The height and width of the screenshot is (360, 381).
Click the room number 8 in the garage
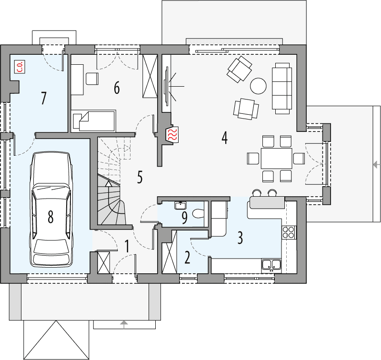[x=50, y=217]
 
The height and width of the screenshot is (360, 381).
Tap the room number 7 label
[x=43, y=98]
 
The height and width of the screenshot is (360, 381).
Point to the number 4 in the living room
[x=224, y=138]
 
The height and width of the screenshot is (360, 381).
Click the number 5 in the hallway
[x=140, y=177]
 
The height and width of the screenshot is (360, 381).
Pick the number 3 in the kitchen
[x=241, y=237]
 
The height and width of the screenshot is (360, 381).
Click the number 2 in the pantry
[x=187, y=258]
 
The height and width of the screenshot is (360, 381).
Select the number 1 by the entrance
[x=127, y=246]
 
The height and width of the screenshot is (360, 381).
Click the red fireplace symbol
[x=172, y=135]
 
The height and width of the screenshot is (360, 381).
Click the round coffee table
[x=259, y=86]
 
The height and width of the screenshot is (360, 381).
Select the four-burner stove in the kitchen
[x=289, y=232]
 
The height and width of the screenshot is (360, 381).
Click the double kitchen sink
[x=271, y=264]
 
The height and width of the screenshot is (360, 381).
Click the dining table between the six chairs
[x=276, y=158]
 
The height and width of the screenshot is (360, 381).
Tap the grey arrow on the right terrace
[x=376, y=165]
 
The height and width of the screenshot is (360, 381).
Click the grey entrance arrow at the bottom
[x=124, y=323]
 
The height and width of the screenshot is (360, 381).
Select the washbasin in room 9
[x=180, y=206]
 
